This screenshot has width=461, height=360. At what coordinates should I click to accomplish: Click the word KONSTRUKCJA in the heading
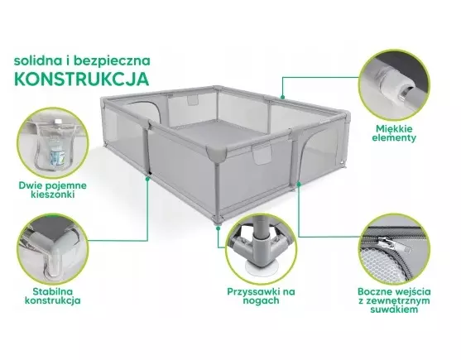[81, 78]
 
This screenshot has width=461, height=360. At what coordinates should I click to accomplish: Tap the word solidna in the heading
[37, 60]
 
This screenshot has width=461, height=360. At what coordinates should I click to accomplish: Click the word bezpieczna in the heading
[112, 61]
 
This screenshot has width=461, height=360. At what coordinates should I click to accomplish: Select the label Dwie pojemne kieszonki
[53, 190]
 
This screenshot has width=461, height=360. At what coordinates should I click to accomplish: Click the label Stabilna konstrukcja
[53, 296]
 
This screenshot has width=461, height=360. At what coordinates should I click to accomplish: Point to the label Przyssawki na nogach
[261, 296]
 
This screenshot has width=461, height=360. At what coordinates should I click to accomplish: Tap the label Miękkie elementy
[394, 133]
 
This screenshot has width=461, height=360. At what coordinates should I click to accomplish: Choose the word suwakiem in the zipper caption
[394, 310]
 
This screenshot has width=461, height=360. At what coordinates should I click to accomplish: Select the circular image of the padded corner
[53, 248]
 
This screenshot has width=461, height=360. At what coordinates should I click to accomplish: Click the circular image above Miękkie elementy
[394, 85]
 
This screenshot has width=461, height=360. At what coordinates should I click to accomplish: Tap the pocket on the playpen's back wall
[193, 99]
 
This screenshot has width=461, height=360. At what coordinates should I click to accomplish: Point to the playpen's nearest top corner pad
[217, 152]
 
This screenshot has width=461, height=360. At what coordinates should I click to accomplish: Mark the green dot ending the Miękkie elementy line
[282, 97]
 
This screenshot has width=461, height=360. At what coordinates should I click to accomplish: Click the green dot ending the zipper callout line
[299, 184]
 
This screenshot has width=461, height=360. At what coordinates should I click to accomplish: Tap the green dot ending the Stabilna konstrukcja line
[147, 178]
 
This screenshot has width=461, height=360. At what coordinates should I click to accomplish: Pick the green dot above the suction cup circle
[218, 228]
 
